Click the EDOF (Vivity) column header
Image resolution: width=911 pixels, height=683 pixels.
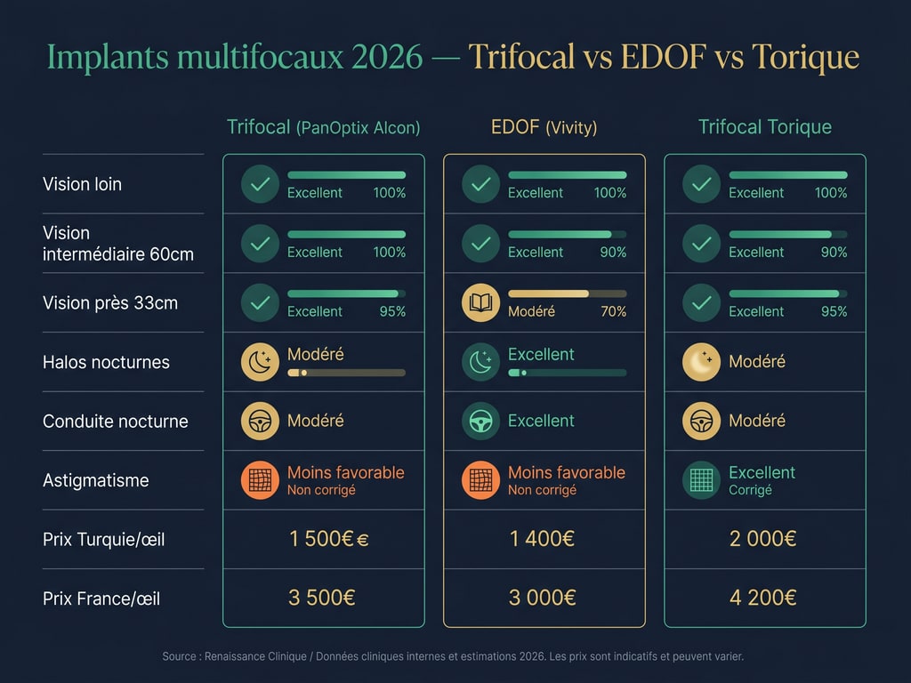pyautogui.click(x=544, y=127)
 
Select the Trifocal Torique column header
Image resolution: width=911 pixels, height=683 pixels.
pyautogui.click(x=764, y=127)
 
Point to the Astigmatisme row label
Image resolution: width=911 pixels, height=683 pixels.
pyautogui.click(x=95, y=480)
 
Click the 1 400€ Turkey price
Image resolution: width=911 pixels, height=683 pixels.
pyautogui.click(x=542, y=538)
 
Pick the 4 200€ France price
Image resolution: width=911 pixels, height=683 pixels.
pyautogui.click(x=762, y=598)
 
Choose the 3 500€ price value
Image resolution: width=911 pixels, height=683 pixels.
pyautogui.click(x=321, y=598)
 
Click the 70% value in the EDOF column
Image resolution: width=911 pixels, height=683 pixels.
pyautogui.click(x=612, y=311)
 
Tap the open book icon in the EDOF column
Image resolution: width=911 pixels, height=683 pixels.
pyautogui.click(x=480, y=302)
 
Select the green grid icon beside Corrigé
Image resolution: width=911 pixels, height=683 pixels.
pyautogui.click(x=701, y=480)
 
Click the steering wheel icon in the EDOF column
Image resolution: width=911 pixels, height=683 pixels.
pyautogui.click(x=480, y=421)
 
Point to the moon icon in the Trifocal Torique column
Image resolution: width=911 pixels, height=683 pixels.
pyautogui.click(x=701, y=362)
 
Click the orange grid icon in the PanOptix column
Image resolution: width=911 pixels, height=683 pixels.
pyautogui.click(x=260, y=480)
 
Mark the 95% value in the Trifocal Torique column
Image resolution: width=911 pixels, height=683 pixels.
pyautogui.click(x=833, y=311)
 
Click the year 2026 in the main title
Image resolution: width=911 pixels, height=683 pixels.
pyautogui.click(x=387, y=57)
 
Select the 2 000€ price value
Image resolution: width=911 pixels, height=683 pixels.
pyautogui.click(x=762, y=538)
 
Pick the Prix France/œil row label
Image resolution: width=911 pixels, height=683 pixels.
pyautogui.click(x=101, y=599)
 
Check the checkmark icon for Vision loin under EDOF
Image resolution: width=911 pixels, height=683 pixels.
pyautogui.click(x=480, y=184)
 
